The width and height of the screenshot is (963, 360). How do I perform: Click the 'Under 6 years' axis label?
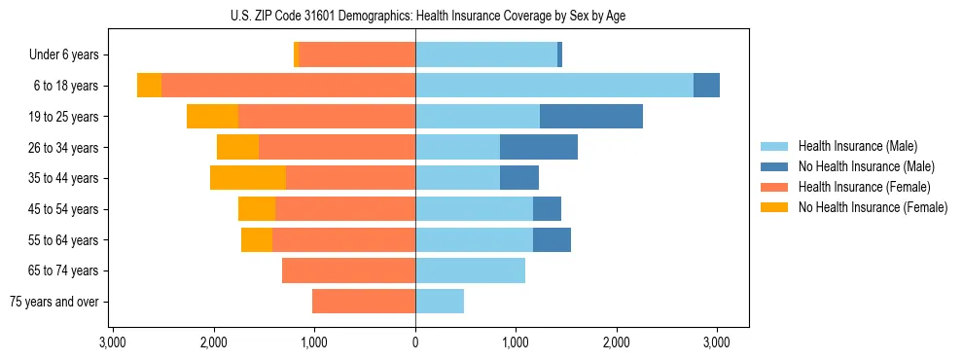(x=63, y=55)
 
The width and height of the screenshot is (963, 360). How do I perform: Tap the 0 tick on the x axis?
(x=415, y=342)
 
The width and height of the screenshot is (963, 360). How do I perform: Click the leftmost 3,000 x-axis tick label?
(x=113, y=342)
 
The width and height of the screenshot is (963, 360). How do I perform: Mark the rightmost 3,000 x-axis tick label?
(x=717, y=342)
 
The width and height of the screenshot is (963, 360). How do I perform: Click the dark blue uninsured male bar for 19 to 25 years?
(x=591, y=117)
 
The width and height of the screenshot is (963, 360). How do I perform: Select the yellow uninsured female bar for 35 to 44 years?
(x=248, y=178)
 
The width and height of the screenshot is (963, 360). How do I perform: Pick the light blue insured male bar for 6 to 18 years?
(x=554, y=86)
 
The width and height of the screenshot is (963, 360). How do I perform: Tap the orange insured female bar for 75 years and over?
(x=364, y=302)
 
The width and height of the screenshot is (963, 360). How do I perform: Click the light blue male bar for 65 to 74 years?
(x=470, y=270)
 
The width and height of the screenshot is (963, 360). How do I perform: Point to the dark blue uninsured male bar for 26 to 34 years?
(x=539, y=147)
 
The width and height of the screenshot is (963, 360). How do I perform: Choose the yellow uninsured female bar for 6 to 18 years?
(x=149, y=86)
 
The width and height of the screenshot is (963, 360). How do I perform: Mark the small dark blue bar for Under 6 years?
(x=559, y=55)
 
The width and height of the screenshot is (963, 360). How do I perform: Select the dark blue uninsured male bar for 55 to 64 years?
(x=552, y=239)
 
